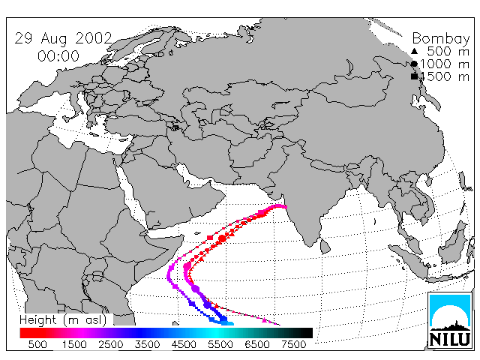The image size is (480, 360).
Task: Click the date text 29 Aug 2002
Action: click(x=63, y=38)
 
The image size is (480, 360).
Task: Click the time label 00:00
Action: click(x=58, y=56)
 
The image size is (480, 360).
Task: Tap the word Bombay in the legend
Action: click(x=441, y=39)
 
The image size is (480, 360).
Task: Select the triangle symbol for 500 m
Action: click(x=414, y=51)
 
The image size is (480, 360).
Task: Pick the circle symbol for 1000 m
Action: click(x=414, y=64)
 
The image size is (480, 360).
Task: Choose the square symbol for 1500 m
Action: click(x=414, y=76)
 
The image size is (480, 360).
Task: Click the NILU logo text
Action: click(x=450, y=339)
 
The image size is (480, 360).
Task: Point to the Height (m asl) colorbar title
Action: click(x=63, y=320)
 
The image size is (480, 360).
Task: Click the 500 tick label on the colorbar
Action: click(x=37, y=344)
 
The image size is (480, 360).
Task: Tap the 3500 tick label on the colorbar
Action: click(x=147, y=344)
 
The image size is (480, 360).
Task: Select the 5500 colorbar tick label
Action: click(x=220, y=344)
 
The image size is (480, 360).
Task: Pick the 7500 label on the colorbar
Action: click(x=293, y=344)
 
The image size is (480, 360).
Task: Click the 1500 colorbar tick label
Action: click(x=74, y=344)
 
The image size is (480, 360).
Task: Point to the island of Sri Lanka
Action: click(x=325, y=247)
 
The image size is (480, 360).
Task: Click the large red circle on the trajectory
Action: click(x=223, y=238)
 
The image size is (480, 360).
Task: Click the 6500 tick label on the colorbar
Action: click(x=256, y=344)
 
